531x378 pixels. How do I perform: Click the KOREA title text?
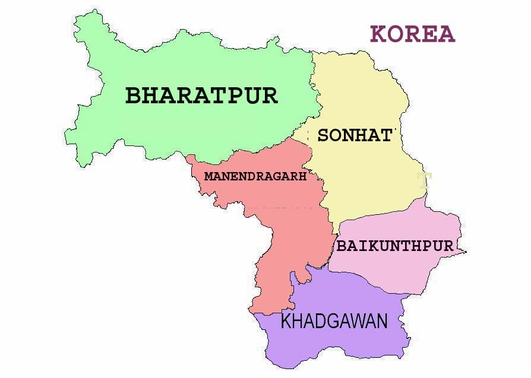[412, 34]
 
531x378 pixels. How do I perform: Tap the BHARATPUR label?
[201, 96]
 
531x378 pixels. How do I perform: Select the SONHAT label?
[355, 135]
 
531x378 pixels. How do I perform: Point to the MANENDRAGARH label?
[255, 176]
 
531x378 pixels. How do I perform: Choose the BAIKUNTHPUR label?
[395, 246]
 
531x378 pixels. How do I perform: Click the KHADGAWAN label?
[334, 322]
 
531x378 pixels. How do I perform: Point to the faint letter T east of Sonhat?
[423, 180]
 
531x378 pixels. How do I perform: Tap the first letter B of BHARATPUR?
[134, 96]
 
